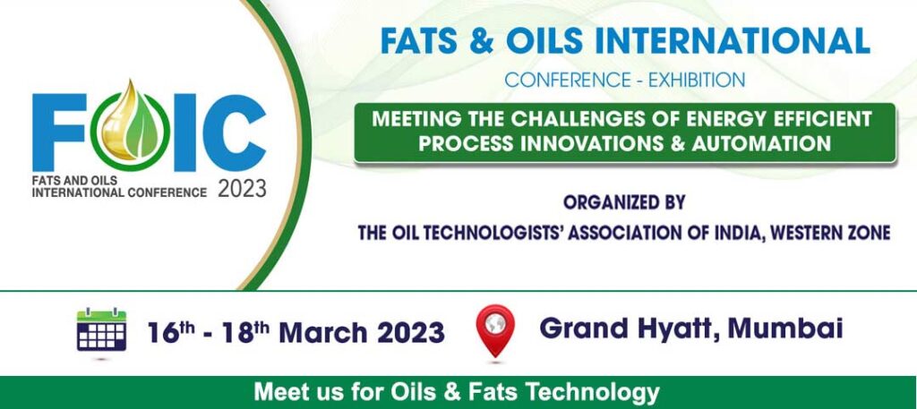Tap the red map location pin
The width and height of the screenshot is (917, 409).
tap(495, 328)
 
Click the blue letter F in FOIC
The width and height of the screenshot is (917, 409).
tap(58, 132)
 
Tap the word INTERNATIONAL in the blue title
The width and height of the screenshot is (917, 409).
tap(734, 41)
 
